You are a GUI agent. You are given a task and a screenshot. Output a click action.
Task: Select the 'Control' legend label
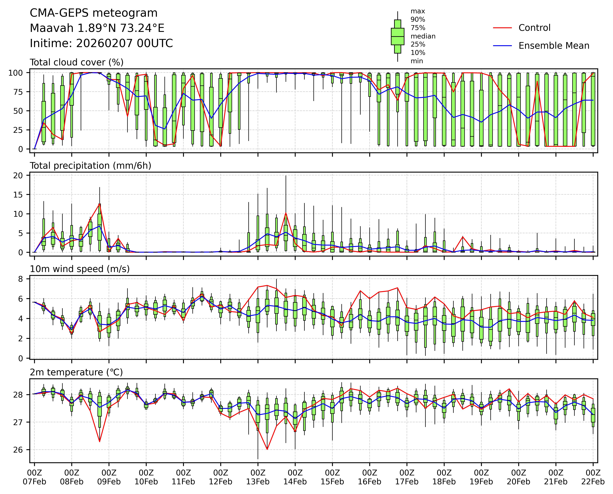pyautogui.click(x=534, y=28)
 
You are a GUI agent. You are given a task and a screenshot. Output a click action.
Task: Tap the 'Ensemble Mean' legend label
pyautogui.click(x=554, y=46)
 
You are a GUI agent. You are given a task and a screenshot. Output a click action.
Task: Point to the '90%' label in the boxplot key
pyautogui.click(x=418, y=20)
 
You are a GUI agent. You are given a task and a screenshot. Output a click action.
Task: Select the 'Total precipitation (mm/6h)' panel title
pyautogui.click(x=90, y=166)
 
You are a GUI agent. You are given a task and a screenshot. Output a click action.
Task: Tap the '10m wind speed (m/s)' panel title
pyautogui.click(x=80, y=269)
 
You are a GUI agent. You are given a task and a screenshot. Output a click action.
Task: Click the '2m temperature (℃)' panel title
pyautogui.click(x=76, y=372)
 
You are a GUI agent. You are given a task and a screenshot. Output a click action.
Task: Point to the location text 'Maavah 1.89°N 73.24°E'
pyautogui.click(x=97, y=28)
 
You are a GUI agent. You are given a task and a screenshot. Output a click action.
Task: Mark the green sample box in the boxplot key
pyautogui.click(x=397, y=36)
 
